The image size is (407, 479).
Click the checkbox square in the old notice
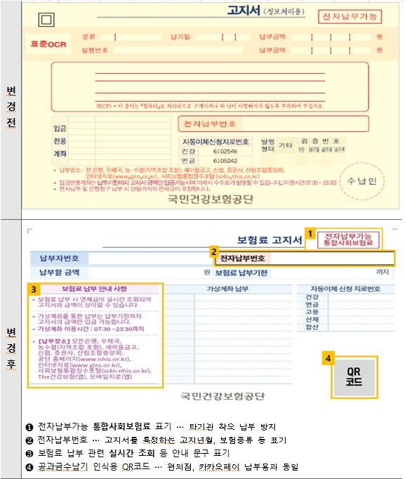[x=47, y=20]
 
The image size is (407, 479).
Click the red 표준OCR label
[x=46, y=43]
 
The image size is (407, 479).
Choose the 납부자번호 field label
[x=58, y=258]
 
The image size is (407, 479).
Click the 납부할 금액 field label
[x=58, y=272]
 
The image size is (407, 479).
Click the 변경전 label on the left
[x=12, y=105]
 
